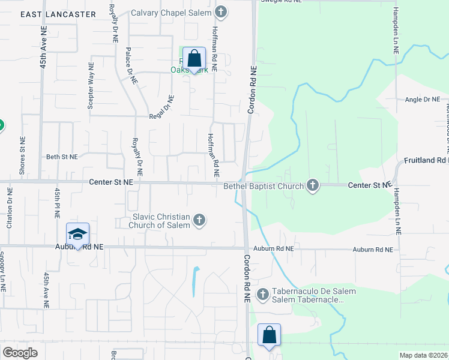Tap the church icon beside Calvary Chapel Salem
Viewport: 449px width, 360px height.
click(x=222, y=12)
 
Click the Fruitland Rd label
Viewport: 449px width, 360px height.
click(x=426, y=161)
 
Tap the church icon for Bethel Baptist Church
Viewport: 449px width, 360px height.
click(x=312, y=186)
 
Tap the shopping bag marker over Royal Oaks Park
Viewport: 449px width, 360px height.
click(x=194, y=59)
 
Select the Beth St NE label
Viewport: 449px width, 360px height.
click(x=62, y=157)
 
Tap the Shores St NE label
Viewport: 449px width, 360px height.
click(x=22, y=161)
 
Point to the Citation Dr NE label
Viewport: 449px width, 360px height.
click(x=10, y=209)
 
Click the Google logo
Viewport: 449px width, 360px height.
click(x=20, y=352)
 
